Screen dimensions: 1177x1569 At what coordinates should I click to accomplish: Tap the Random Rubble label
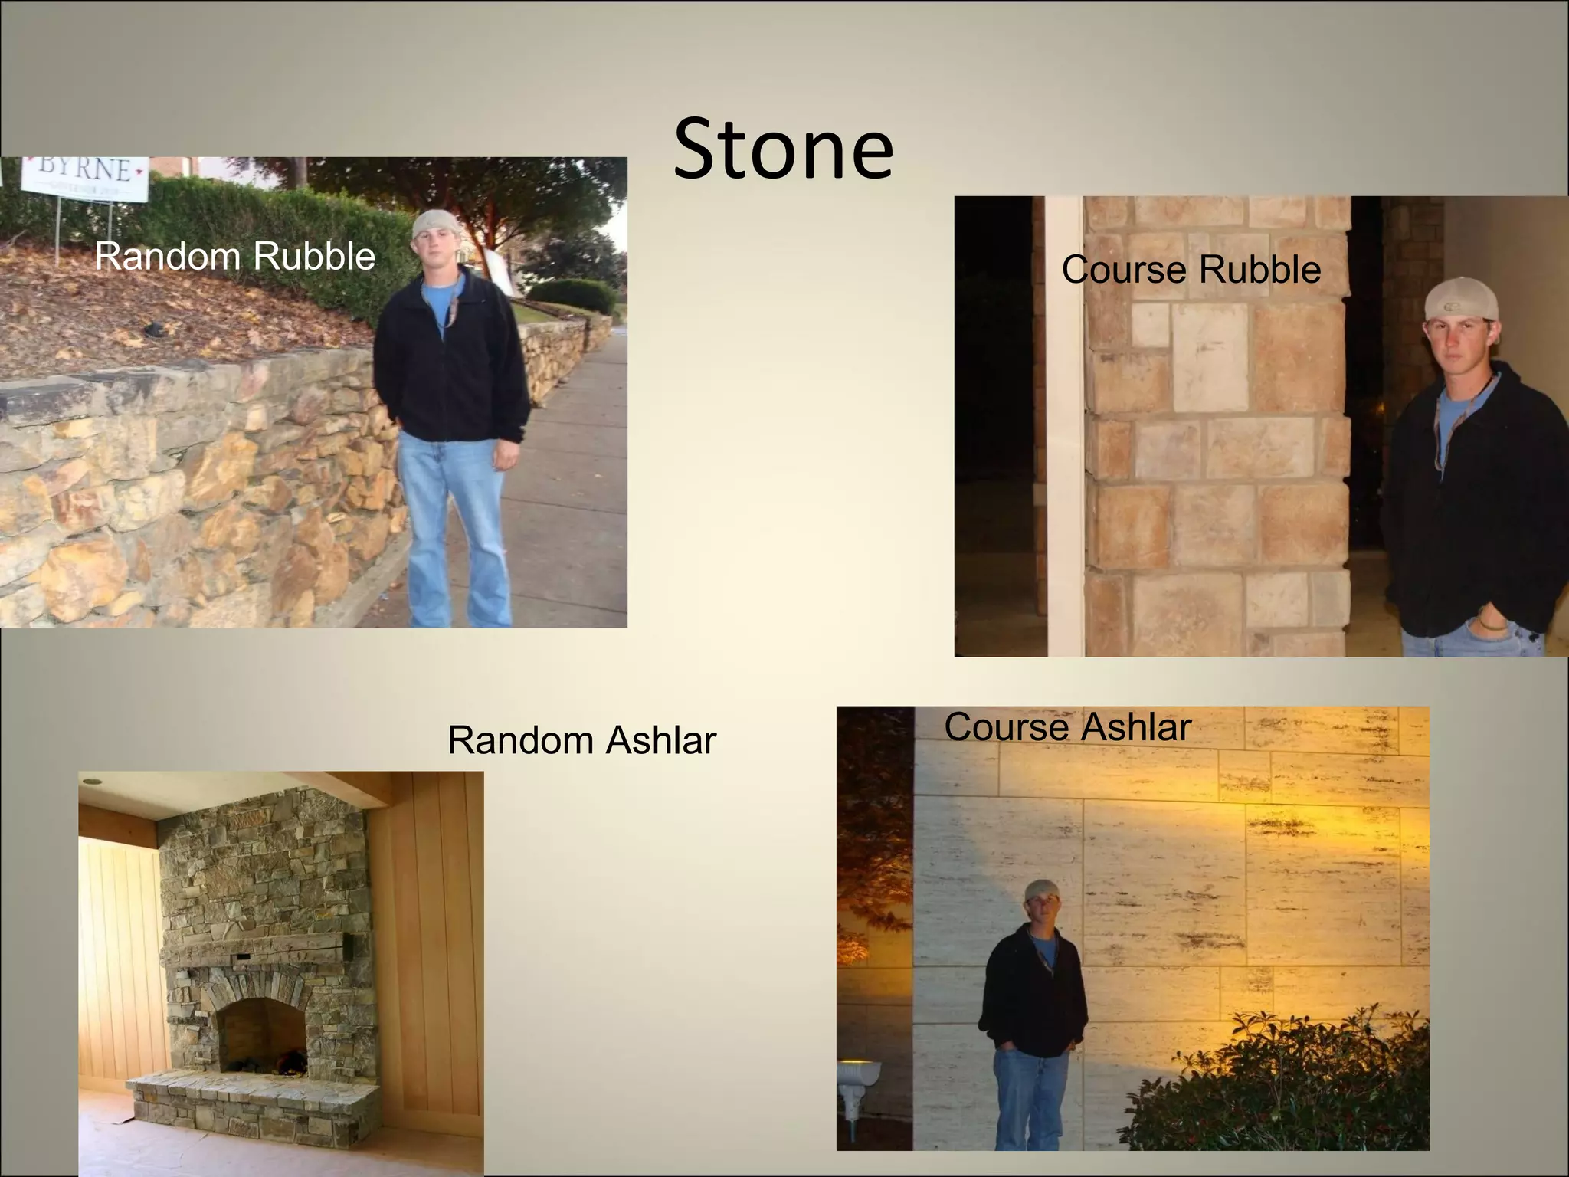pos(234,256)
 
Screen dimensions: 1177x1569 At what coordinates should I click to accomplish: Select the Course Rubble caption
pos(1191,270)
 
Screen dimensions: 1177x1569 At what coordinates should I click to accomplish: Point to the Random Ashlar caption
pos(581,740)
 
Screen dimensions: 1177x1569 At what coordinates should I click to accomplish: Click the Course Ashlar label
pos(1067,726)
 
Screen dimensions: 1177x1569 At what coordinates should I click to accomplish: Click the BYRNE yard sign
pos(85,179)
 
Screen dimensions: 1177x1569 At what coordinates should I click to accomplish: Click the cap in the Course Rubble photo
pos(1459,299)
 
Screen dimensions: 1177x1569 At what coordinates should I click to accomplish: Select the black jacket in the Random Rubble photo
pos(452,360)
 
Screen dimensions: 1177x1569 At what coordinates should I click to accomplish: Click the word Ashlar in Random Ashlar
pos(660,740)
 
